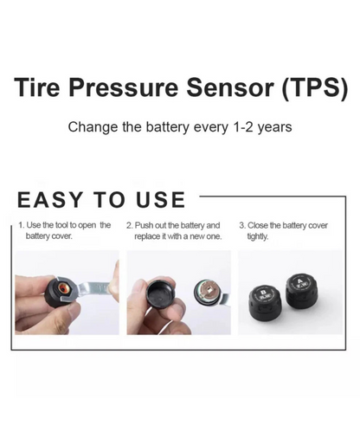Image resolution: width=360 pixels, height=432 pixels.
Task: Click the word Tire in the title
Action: [36, 87]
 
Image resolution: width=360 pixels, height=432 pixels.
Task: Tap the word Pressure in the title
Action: [124, 87]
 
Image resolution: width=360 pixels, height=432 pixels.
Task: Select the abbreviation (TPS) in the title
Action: [315, 87]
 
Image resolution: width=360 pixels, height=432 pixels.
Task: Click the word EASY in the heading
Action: [50, 199]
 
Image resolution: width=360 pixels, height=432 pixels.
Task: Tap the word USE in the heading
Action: [160, 199]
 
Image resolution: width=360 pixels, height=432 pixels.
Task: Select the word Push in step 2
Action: [143, 225]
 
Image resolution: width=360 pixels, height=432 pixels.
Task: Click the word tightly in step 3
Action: [258, 237]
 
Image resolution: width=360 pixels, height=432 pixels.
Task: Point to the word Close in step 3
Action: [258, 225]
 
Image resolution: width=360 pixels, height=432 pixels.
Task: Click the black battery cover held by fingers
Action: [159, 293]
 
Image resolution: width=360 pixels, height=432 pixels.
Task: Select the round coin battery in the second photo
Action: [206, 292]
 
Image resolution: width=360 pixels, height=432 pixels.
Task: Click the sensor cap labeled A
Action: [299, 289]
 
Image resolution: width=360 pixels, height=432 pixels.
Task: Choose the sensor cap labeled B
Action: [264, 303]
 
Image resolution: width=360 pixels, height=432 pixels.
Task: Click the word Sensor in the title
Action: [230, 87]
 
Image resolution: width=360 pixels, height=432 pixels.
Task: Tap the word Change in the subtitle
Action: [93, 127]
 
